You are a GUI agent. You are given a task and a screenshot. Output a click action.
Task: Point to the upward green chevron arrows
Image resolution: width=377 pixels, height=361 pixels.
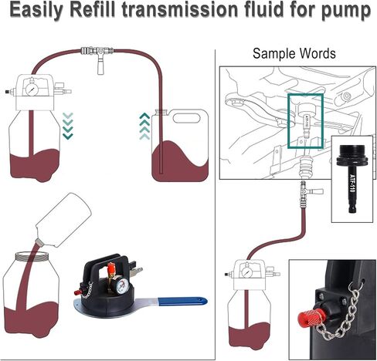[x=144, y=123]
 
